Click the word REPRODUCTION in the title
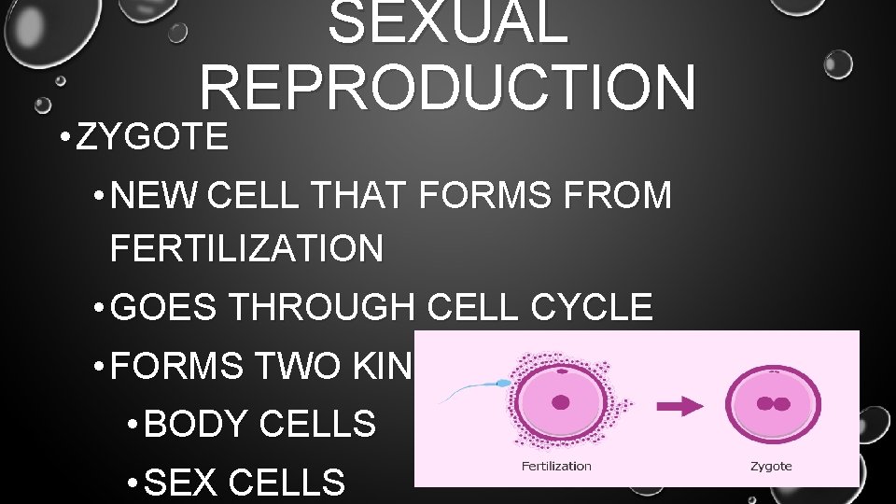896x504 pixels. (x=447, y=86)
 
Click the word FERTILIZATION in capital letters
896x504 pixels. (x=245, y=249)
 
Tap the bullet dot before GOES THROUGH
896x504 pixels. (x=99, y=308)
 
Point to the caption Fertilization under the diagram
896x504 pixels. (x=556, y=466)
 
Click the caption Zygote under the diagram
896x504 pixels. (x=771, y=466)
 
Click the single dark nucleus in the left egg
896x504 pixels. (x=561, y=402)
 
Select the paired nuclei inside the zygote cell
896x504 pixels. (x=774, y=405)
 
